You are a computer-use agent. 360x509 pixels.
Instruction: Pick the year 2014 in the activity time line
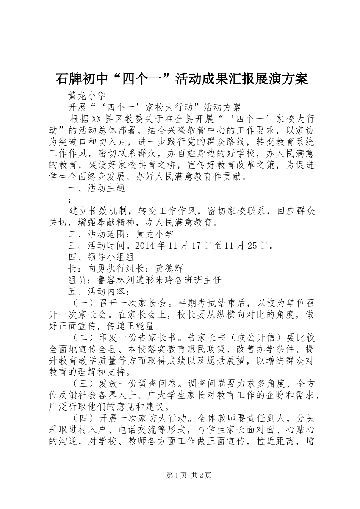[x=146, y=245]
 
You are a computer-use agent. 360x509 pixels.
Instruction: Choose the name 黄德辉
[x=170, y=269]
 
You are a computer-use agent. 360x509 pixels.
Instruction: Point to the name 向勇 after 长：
[x=97, y=269]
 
